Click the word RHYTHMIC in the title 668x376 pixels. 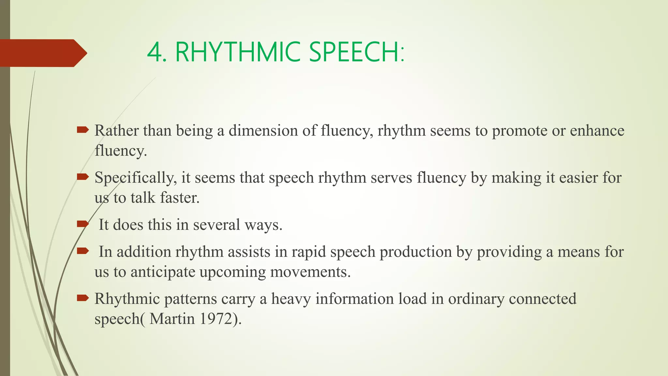point(237,52)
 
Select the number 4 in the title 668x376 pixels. point(154,52)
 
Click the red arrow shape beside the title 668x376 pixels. point(42,53)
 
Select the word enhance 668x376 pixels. point(597,131)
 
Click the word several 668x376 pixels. point(216,225)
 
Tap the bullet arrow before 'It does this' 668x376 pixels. point(83,224)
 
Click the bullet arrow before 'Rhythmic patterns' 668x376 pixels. point(83,298)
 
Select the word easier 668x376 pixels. point(578,178)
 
